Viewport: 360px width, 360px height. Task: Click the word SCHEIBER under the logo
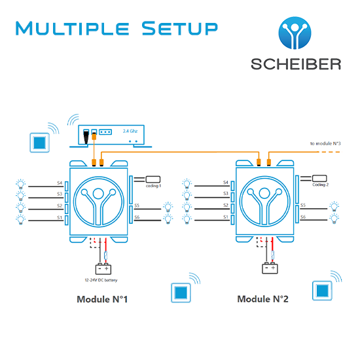[x=296, y=64]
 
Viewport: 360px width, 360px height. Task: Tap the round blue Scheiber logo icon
[x=295, y=33]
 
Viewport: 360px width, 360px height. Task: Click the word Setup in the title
[x=179, y=28]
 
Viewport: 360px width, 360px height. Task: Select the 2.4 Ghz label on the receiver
[x=130, y=131]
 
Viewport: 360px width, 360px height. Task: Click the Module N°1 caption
[x=102, y=299]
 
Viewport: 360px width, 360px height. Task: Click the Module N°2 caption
[x=262, y=299]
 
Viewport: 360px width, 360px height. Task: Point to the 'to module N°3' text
[x=325, y=143]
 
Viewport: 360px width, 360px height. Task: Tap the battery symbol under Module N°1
[x=103, y=268]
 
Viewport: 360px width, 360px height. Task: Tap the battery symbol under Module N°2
[x=270, y=268]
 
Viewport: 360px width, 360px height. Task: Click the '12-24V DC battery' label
[x=101, y=280]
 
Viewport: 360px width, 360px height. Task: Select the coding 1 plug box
[x=153, y=179]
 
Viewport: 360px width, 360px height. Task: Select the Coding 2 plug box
[x=319, y=179]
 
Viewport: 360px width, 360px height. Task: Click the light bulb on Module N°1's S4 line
[x=21, y=184]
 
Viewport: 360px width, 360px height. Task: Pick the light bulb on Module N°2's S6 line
[x=334, y=219]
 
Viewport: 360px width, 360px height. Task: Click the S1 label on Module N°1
[x=60, y=217]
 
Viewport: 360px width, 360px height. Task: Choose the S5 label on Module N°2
[x=303, y=205]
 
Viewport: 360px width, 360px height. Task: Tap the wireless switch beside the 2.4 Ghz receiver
[x=40, y=143]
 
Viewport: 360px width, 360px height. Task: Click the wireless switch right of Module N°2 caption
[x=322, y=291]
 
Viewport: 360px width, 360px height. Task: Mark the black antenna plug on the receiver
[x=86, y=137]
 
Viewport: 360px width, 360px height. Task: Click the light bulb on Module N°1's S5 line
[x=168, y=207]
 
